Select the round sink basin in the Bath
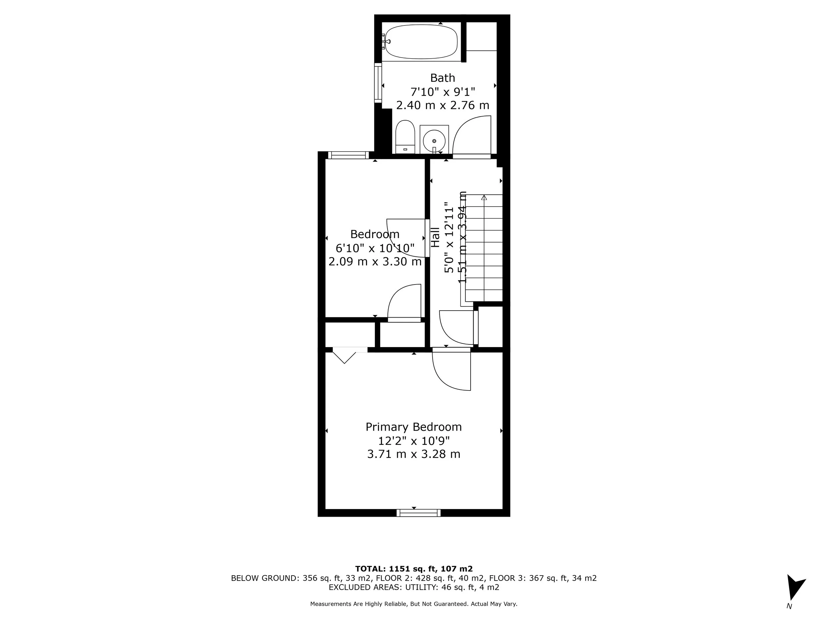(x=434, y=141)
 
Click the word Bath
(x=442, y=78)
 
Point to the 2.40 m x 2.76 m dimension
(x=442, y=105)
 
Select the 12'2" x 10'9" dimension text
(x=413, y=440)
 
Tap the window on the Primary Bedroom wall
(x=419, y=513)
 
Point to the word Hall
(x=435, y=237)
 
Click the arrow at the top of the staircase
(x=484, y=197)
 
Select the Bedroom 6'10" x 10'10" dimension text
(x=375, y=248)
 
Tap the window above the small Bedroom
(x=348, y=155)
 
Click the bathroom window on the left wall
(x=378, y=83)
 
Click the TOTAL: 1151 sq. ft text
(x=413, y=569)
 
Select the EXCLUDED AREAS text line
(x=413, y=587)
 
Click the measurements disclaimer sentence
(x=413, y=604)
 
